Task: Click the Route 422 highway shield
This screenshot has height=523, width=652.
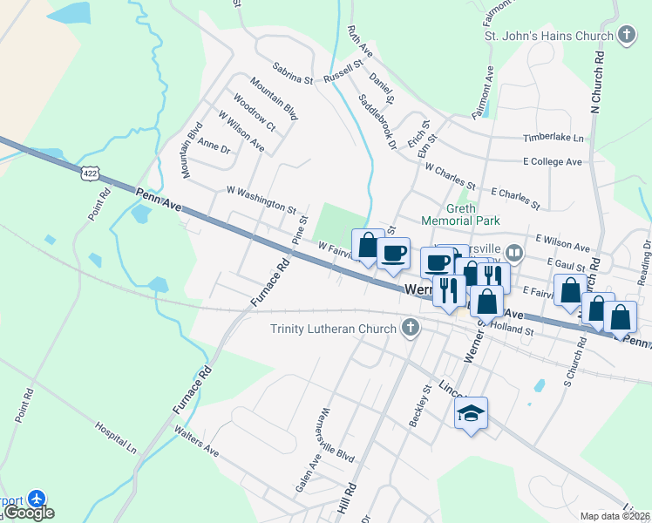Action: point(90,173)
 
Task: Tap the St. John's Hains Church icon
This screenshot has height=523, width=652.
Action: point(625,36)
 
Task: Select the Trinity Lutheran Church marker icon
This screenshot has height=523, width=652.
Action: point(411,329)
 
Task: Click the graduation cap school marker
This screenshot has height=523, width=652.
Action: point(471,414)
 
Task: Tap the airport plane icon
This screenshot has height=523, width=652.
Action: point(37,499)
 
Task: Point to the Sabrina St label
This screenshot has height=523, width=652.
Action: point(292,72)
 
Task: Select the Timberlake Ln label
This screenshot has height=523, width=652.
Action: point(554,138)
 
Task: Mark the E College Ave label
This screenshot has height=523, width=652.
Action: point(552,161)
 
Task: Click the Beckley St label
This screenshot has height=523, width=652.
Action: point(420,406)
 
